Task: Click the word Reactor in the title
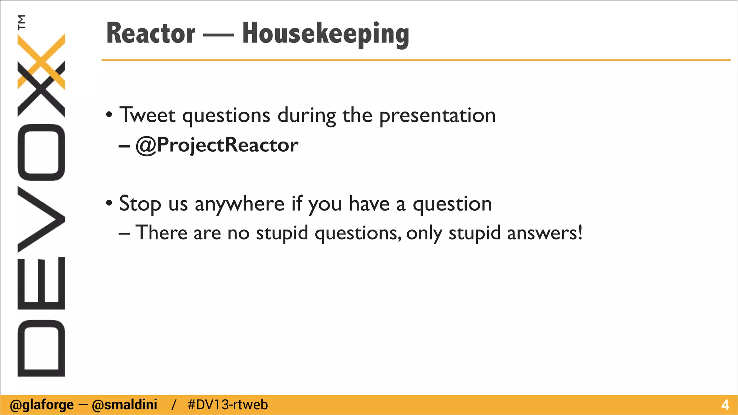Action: click(x=151, y=34)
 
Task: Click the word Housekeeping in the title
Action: click(x=325, y=34)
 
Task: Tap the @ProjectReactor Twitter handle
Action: click(x=217, y=145)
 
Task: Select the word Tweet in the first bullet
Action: click(x=147, y=115)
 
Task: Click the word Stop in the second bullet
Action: click(x=140, y=204)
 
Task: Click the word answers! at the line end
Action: click(x=544, y=233)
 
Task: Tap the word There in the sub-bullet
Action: click(x=161, y=233)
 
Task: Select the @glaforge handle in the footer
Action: click(x=42, y=405)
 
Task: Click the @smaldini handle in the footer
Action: click(x=125, y=405)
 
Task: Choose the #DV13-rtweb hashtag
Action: click(x=228, y=405)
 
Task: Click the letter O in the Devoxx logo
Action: click(x=41, y=152)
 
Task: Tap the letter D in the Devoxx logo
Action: click(x=41, y=348)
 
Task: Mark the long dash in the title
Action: click(x=218, y=35)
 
